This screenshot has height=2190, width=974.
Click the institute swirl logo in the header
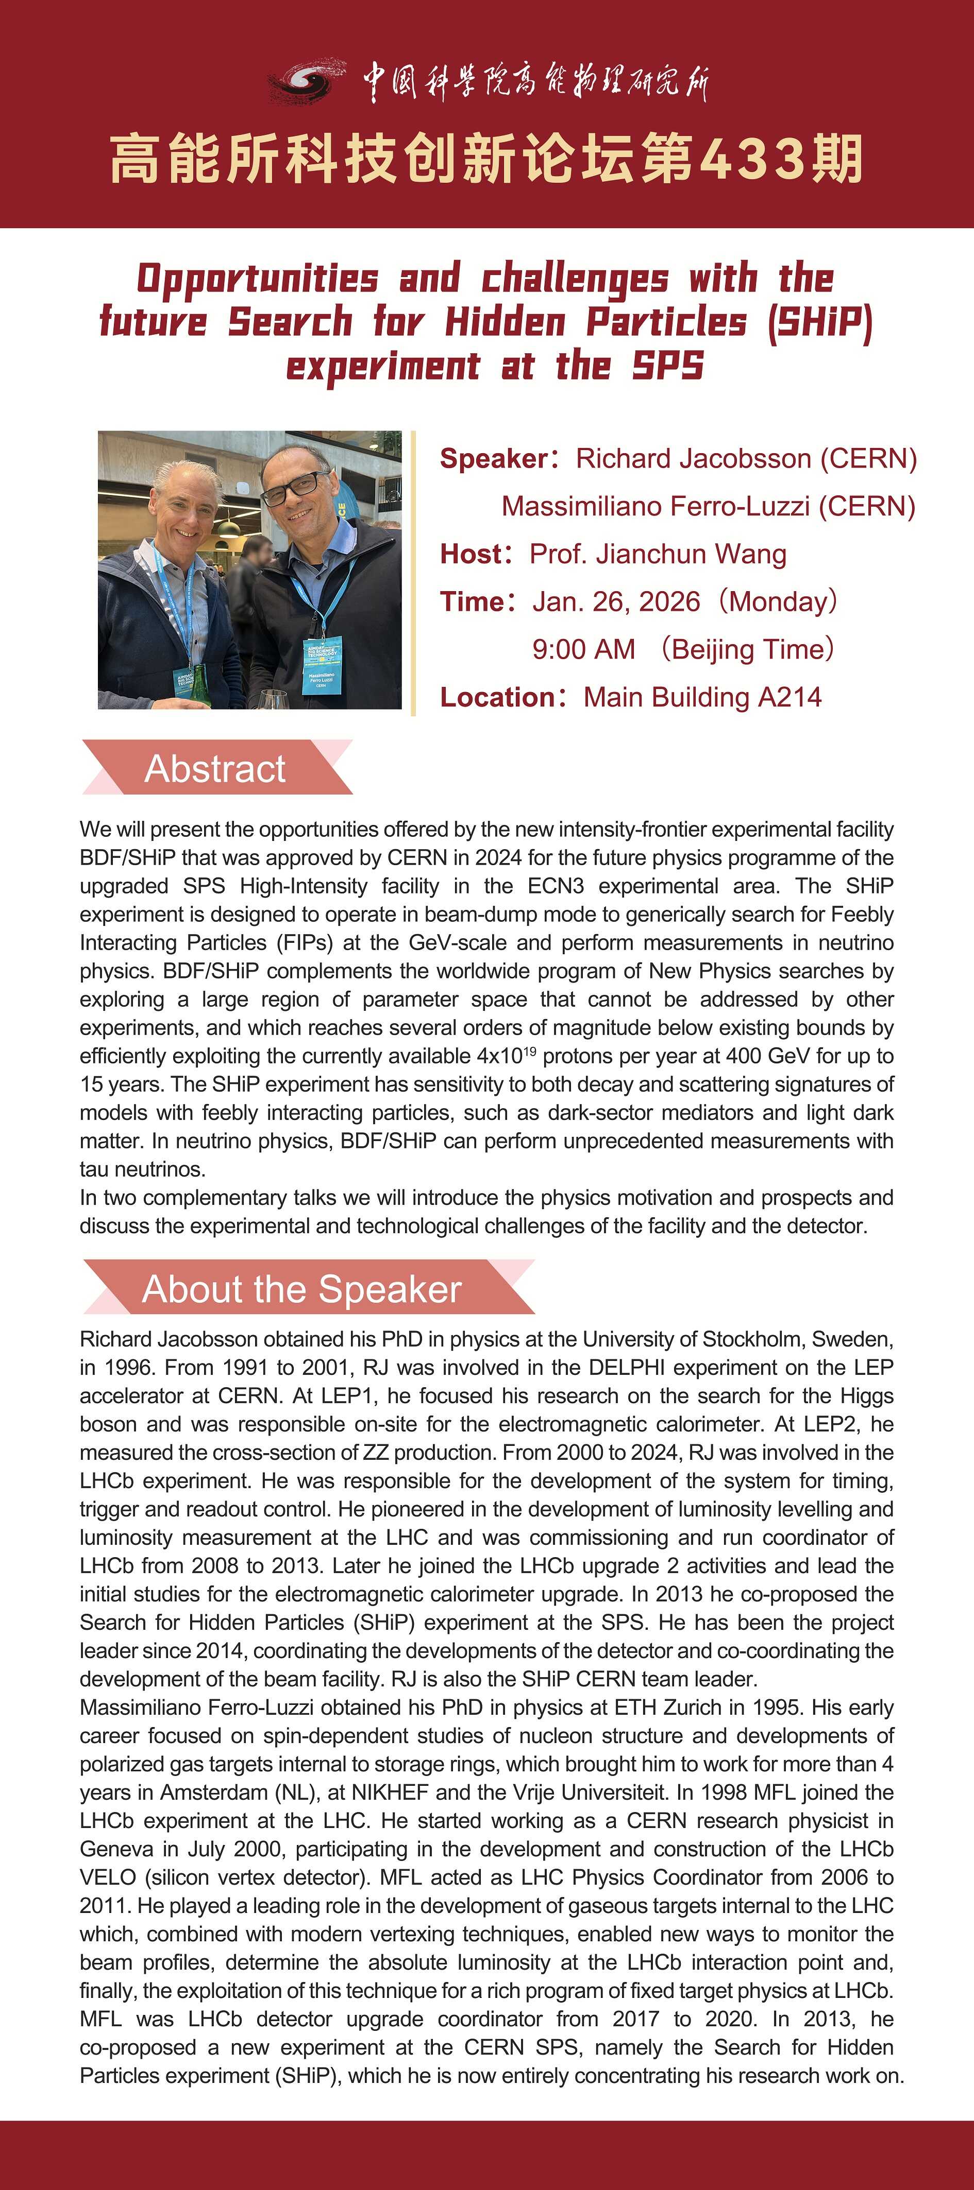pyautogui.click(x=306, y=81)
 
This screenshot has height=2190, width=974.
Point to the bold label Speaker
pyautogui.click(x=493, y=459)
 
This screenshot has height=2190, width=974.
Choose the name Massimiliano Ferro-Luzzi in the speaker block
pyautogui.click(x=655, y=507)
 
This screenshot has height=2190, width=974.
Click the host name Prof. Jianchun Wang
pyautogui.click(x=658, y=554)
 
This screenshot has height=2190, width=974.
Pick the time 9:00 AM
pyautogui.click(x=583, y=649)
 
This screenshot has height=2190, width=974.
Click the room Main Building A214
pyautogui.click(x=702, y=697)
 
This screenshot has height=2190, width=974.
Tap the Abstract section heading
pyautogui.click(x=215, y=769)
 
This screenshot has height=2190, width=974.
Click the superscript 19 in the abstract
pyautogui.click(x=529, y=1051)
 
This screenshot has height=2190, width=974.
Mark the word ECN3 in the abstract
pyautogui.click(x=556, y=886)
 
